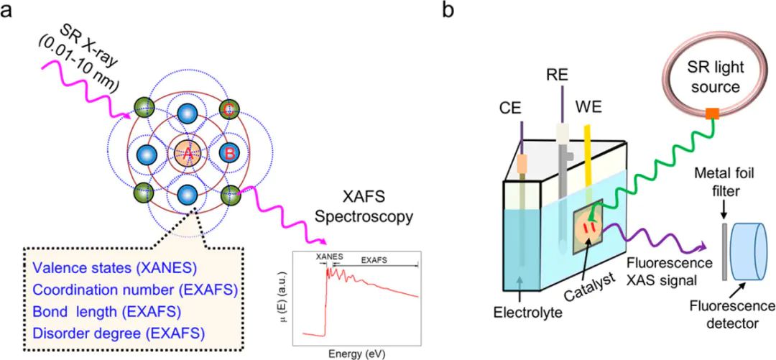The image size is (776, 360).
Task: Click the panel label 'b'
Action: coord(451,12)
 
